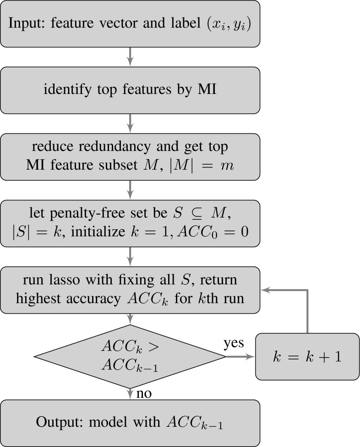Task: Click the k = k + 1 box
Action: point(306,356)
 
